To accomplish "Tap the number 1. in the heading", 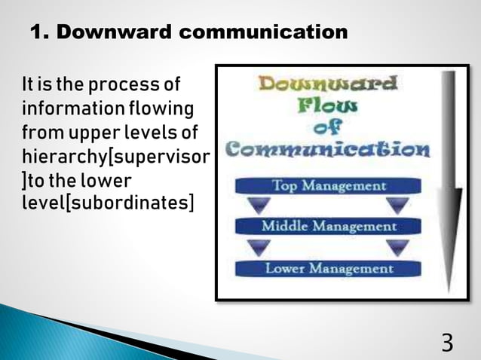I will [x=40, y=32].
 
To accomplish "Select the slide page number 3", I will [x=447, y=343].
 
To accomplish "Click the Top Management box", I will [x=327, y=185].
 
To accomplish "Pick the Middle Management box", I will [x=327, y=226].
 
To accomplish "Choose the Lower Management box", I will [x=327, y=268].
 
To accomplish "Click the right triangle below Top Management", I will [x=397, y=206].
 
